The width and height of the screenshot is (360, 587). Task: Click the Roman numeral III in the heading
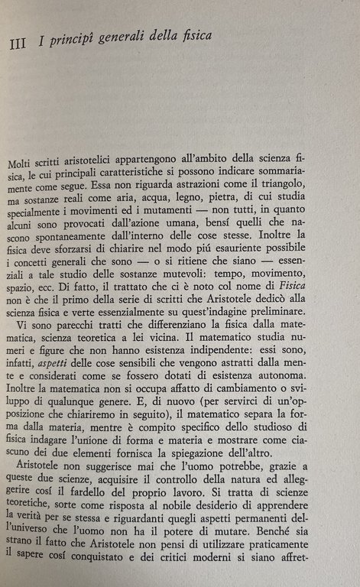coord(19,44)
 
